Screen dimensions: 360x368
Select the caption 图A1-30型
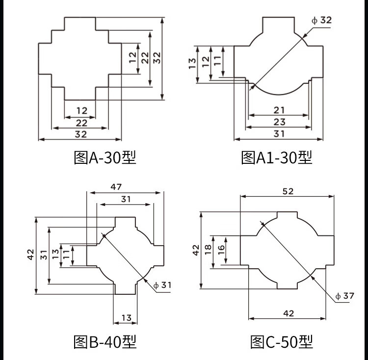point(277,157)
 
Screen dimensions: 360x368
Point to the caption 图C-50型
point(281,341)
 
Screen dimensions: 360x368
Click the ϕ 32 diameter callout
point(321,21)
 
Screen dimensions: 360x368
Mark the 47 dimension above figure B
point(116,186)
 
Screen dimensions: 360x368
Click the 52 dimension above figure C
point(288,191)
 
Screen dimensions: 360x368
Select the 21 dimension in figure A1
point(279,110)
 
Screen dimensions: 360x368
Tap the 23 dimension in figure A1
point(279,122)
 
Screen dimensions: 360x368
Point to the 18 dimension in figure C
point(208,249)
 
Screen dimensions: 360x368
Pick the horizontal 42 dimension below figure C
point(289,313)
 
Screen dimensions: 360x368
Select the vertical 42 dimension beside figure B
point(30,255)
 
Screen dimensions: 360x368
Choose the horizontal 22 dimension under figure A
point(81,123)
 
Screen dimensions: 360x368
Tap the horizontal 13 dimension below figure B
point(126,318)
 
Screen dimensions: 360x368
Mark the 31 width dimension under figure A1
point(279,134)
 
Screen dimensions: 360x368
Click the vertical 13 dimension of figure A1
point(192,64)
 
